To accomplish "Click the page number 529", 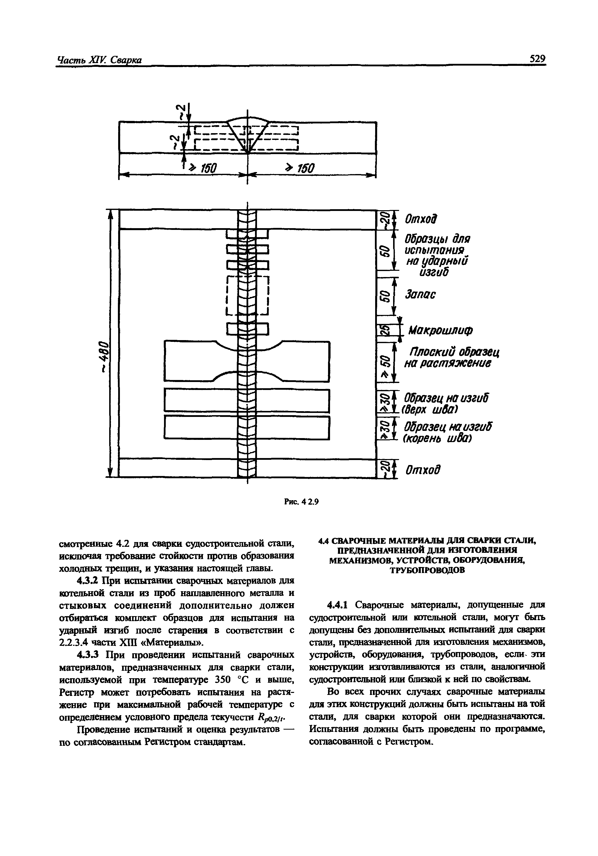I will pyautogui.click(x=537, y=59).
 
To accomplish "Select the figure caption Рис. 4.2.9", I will pyautogui.click(x=301, y=502).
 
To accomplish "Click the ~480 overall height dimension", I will pyautogui.click(x=105, y=356).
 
